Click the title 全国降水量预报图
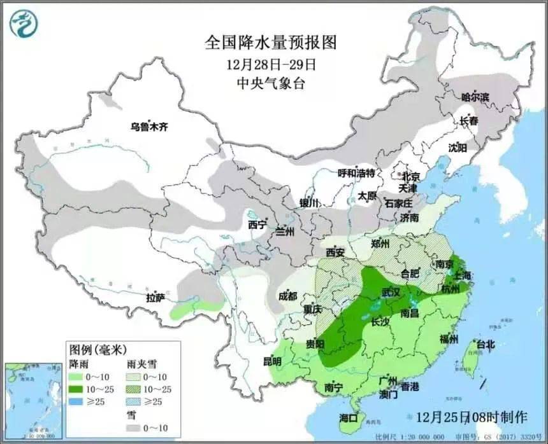[x=270, y=43]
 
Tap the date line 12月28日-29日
[x=271, y=64]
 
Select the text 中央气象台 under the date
[x=271, y=83]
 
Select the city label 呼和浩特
[x=356, y=173]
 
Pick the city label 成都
[x=287, y=296]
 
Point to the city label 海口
[x=349, y=418]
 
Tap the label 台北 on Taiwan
[x=485, y=344]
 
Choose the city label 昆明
[x=272, y=361]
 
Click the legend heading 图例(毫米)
[x=98, y=349]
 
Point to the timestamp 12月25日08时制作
[x=471, y=417]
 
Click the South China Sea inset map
[x=32, y=400]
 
